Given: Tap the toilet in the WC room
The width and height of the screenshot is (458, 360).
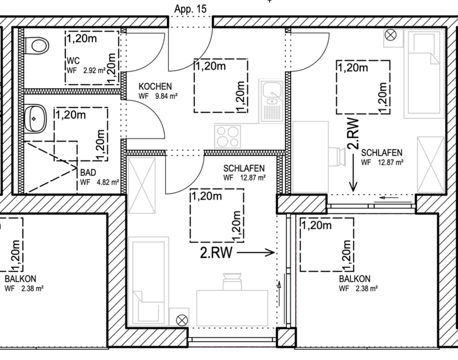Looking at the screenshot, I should [x=38, y=46].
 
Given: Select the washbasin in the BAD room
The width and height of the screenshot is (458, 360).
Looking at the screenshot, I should [x=35, y=117].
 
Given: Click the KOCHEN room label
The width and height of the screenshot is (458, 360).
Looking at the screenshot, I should [x=155, y=86].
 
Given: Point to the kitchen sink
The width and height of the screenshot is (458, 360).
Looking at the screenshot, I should [x=272, y=94].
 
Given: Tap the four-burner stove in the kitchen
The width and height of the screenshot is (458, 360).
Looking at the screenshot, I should [x=227, y=136].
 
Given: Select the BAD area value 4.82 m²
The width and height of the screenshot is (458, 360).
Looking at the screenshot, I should [x=106, y=182].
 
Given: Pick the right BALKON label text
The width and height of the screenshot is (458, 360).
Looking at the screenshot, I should [x=354, y=279].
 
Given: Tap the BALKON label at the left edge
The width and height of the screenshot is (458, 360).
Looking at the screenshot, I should [x=20, y=279].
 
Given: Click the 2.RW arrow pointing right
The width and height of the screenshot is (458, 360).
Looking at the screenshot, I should [x=255, y=252].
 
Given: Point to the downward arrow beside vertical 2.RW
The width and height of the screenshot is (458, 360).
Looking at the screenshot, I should [x=353, y=178].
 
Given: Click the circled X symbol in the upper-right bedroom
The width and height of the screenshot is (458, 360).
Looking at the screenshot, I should [x=391, y=35].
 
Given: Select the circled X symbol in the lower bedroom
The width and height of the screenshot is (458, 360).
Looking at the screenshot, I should [x=182, y=320].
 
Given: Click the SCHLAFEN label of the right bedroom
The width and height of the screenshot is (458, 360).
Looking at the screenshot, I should [x=382, y=153].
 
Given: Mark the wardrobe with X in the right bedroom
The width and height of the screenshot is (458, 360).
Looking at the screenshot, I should [x=430, y=165].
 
